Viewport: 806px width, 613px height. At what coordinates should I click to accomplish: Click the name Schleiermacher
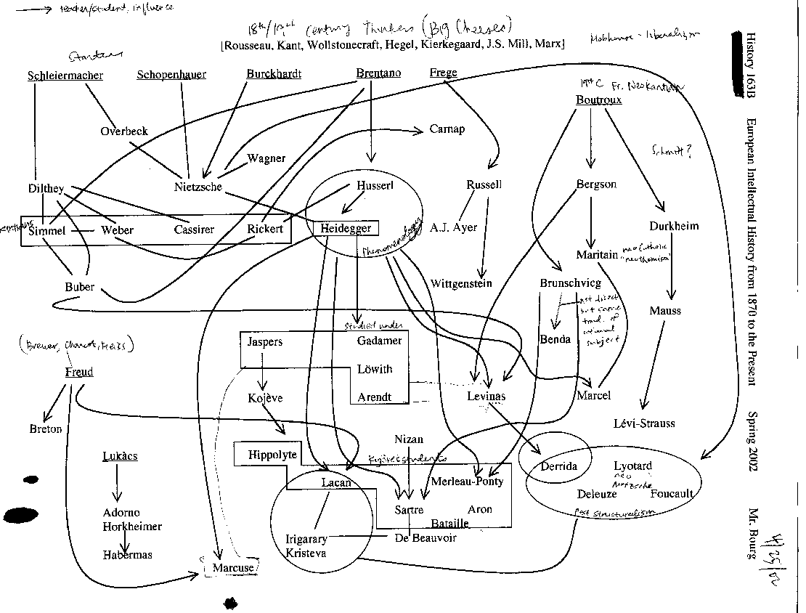pyautogui.click(x=65, y=76)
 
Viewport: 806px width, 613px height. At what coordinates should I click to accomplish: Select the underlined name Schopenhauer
pyautogui.click(x=171, y=75)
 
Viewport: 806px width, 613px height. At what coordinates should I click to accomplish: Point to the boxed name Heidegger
pyautogui.click(x=346, y=228)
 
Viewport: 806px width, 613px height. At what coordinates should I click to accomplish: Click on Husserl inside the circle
pyautogui.click(x=375, y=185)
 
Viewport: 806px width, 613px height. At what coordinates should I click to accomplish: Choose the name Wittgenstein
pyautogui.click(x=461, y=283)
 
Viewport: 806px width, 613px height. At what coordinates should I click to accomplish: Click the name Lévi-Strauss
pyautogui.click(x=645, y=423)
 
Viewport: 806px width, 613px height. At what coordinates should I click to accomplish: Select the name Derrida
pyautogui.click(x=558, y=466)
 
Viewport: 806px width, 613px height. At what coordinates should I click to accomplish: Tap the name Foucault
pyautogui.click(x=672, y=494)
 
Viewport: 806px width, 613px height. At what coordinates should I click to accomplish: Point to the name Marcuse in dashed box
pyautogui.click(x=235, y=568)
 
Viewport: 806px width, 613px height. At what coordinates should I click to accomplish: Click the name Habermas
pyautogui.click(x=127, y=555)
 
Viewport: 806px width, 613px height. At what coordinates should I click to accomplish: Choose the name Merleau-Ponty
pyautogui.click(x=467, y=482)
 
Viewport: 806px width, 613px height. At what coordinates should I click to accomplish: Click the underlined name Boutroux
pyautogui.click(x=598, y=100)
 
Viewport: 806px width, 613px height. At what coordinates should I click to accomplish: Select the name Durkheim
pyautogui.click(x=675, y=226)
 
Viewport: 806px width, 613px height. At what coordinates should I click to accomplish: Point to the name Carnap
pyautogui.click(x=447, y=129)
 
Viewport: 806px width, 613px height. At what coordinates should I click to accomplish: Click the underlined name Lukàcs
pyautogui.click(x=120, y=456)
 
